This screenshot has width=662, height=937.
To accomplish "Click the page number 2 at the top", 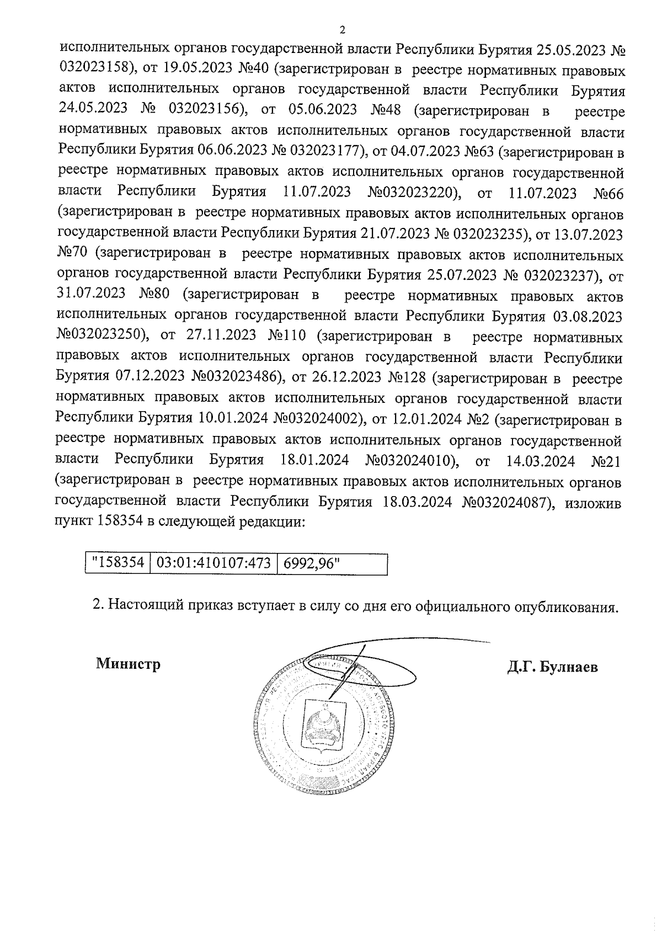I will coord(341,30).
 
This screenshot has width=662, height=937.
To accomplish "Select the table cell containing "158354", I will coord(118,563).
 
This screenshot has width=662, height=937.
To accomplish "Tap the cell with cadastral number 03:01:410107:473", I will coord(213,563).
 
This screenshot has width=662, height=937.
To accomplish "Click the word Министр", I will coord(128,664).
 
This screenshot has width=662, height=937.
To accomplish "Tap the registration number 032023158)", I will coord(97,71).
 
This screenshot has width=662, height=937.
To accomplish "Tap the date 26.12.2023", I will coord(346,378).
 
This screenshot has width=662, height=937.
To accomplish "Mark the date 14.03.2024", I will coord(540,460).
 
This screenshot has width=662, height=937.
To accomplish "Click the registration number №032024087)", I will coord(508,502).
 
